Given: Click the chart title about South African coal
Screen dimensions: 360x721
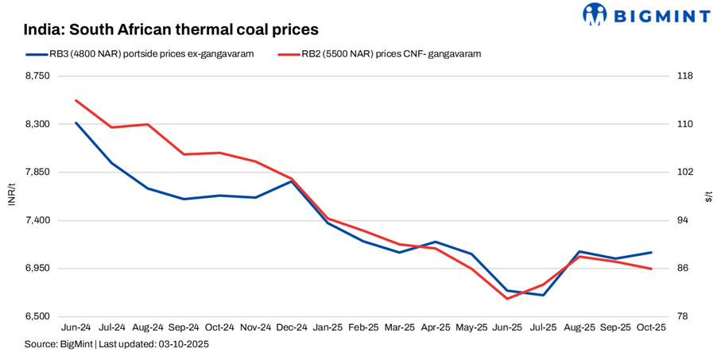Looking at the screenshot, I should click(171, 29).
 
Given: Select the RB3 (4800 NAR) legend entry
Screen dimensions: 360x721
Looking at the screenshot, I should click(139, 54).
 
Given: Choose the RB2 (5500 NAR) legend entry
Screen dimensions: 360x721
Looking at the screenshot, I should click(382, 54).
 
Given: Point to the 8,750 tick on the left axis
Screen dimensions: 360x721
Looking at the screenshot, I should click(38, 76).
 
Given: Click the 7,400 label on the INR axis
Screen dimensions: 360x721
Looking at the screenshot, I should click(38, 220).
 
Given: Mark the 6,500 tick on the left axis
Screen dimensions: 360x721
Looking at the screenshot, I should click(38, 316).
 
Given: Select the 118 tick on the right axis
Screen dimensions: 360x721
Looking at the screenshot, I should click(684, 76).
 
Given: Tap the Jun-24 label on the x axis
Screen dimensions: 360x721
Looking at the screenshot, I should click(76, 327).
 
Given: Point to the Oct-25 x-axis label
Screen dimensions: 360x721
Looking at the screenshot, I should click(651, 327).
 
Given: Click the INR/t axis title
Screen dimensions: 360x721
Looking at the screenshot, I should click(11, 195).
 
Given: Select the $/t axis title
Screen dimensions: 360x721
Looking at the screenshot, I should click(708, 196).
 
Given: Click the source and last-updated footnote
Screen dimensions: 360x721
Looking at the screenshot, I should click(117, 345).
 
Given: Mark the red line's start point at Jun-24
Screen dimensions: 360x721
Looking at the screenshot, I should click(76, 100).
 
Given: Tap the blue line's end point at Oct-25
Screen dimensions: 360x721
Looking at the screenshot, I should click(651, 252).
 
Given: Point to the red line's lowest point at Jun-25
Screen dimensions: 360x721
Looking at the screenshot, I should click(507, 299).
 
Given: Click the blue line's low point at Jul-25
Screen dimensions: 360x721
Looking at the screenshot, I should click(543, 295).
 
